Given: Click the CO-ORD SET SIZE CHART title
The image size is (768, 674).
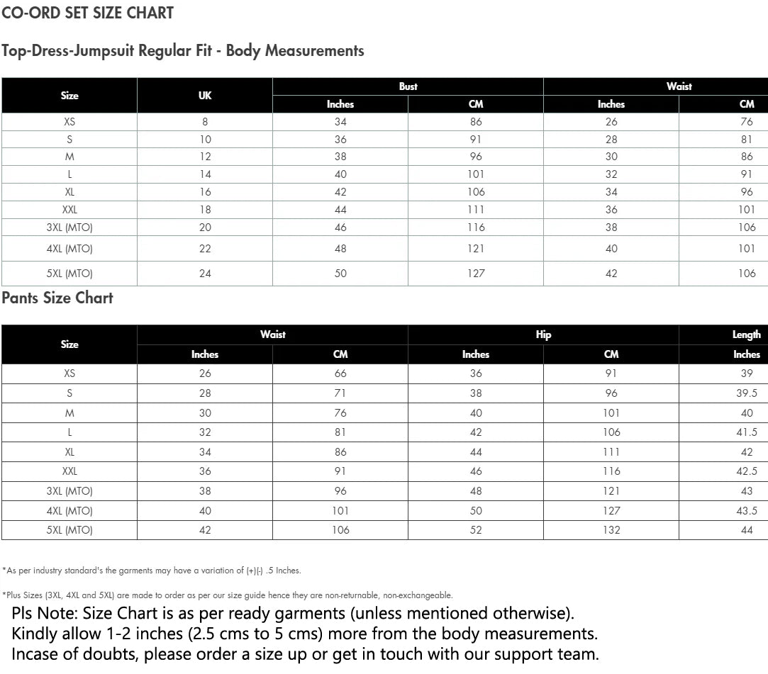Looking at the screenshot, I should click(87, 13).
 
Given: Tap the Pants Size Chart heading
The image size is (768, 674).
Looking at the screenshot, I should click(57, 298).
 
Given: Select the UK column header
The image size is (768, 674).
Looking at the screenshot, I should click(205, 96).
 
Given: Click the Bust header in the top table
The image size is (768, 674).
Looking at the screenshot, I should click(408, 86).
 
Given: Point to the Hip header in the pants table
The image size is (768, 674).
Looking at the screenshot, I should click(543, 335).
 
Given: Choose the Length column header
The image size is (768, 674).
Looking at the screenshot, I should click(746, 335).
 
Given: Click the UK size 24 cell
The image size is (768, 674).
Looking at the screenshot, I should click(205, 274).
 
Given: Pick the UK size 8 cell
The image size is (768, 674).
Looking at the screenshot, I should click(205, 122).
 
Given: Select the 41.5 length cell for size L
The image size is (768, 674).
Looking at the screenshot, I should click(747, 432).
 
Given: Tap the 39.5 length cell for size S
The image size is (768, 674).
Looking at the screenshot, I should click(747, 393).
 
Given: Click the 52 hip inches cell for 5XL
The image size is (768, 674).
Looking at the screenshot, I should click(476, 530).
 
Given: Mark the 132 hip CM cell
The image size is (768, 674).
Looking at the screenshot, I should click(611, 530).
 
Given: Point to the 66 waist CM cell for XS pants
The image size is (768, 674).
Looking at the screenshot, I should click(340, 373).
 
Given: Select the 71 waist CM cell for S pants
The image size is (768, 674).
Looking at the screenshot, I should click(340, 393).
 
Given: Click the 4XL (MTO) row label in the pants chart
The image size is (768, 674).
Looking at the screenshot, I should click(69, 510).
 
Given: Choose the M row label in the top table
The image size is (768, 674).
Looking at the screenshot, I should click(69, 157).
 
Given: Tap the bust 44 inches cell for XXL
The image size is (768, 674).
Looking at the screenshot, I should click(340, 210).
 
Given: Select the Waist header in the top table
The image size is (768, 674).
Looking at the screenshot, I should click(679, 86).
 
